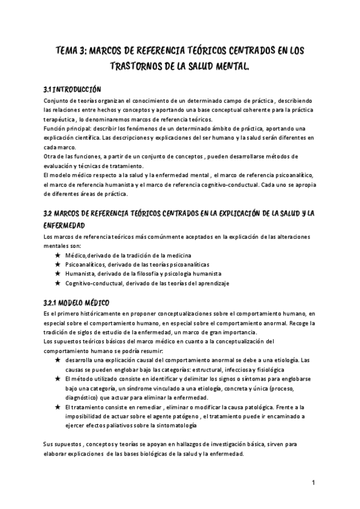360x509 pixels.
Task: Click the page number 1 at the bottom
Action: (314, 483)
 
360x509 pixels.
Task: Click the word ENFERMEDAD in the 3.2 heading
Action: (67, 225)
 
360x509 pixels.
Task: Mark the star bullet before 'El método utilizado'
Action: (58, 379)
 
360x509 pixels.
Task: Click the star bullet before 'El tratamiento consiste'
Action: (58, 407)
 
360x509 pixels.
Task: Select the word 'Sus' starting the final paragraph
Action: (49, 445)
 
